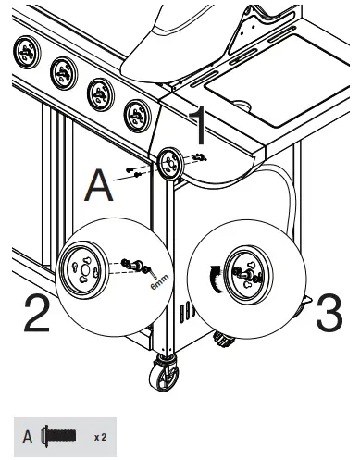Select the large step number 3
point(329,316)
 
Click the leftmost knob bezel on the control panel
point(25,52)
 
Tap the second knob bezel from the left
point(63,70)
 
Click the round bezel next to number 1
point(171,164)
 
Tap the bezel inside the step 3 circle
point(246,273)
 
